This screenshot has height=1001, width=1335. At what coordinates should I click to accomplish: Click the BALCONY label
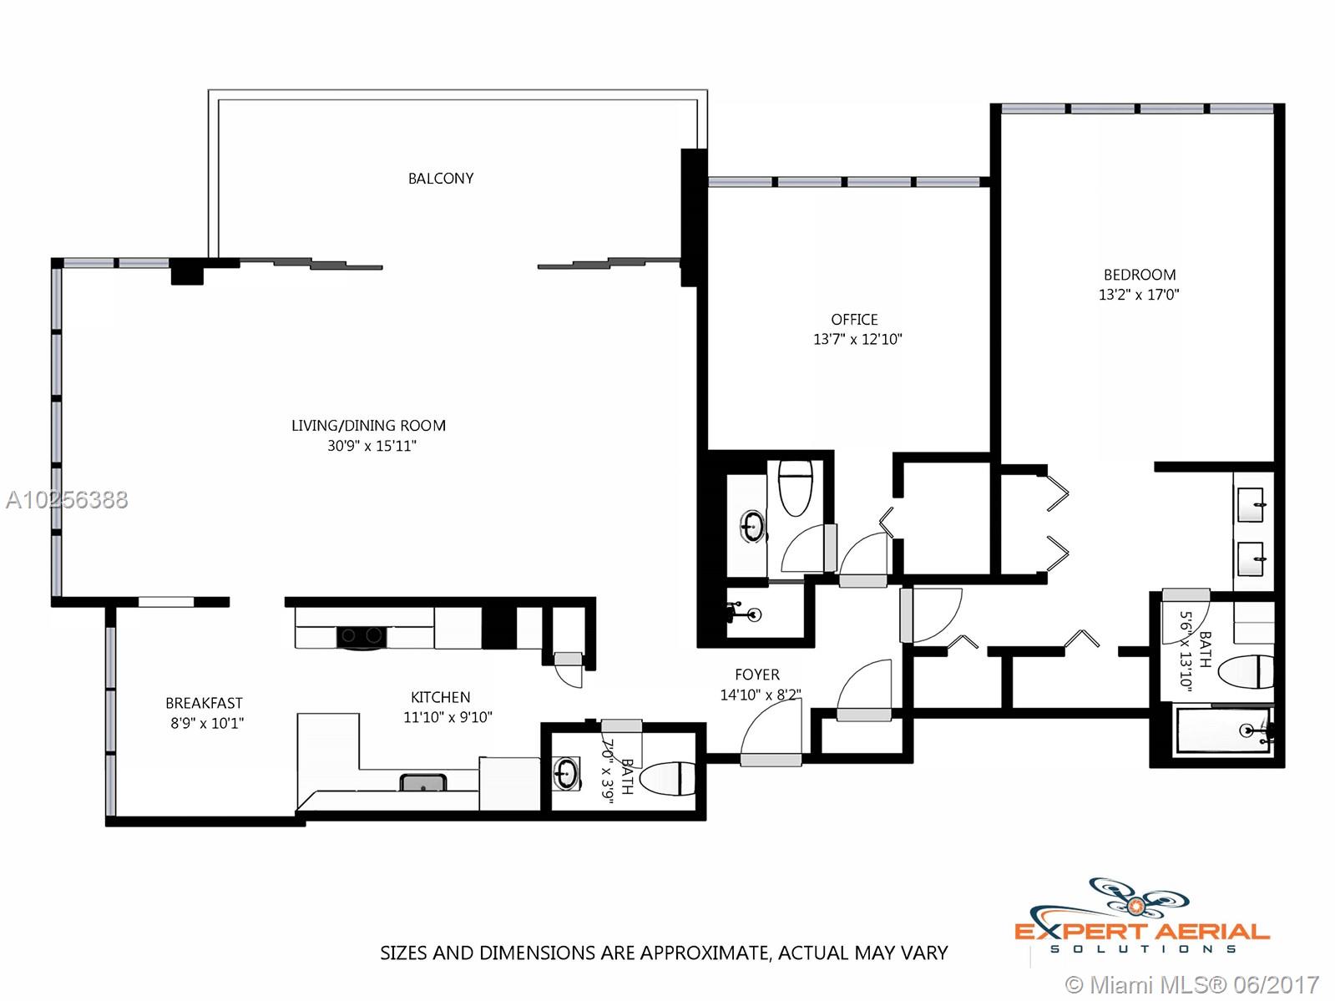(x=440, y=178)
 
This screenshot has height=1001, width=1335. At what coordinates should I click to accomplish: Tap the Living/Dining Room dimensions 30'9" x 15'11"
(x=372, y=446)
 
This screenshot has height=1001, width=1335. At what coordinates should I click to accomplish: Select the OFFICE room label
(x=855, y=319)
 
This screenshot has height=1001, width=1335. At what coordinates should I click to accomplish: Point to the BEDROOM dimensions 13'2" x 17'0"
(x=1139, y=295)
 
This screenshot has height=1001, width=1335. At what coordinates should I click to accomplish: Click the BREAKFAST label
(x=205, y=703)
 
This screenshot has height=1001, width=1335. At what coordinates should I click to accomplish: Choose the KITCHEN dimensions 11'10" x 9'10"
(x=448, y=717)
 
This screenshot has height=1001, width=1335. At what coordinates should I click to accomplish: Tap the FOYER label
(x=757, y=675)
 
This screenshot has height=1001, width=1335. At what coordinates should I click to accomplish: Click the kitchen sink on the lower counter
(x=423, y=782)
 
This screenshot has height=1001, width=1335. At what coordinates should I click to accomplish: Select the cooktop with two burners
(x=362, y=636)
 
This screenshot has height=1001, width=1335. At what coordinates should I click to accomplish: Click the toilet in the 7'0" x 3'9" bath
(x=668, y=778)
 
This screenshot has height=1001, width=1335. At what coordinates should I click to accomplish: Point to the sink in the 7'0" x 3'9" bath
(x=566, y=773)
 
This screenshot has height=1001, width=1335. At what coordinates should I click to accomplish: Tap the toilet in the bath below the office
(x=796, y=488)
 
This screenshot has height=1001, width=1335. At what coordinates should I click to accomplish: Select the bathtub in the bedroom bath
(x=1224, y=730)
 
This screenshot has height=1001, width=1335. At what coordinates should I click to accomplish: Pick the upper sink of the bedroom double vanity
(x=1251, y=504)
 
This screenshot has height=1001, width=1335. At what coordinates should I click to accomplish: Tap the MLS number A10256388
(x=67, y=500)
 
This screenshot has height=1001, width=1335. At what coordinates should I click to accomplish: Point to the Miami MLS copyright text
(x=1193, y=984)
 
